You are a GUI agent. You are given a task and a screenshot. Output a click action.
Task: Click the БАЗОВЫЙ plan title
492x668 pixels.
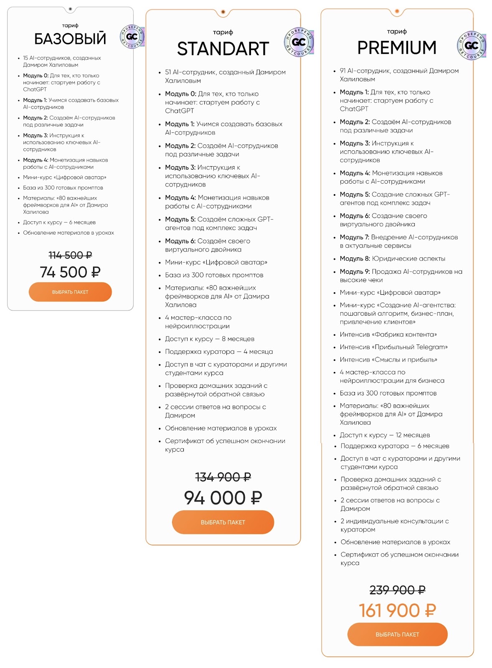click(x=70, y=39)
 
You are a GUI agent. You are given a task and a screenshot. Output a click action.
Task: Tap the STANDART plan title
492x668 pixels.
click(x=223, y=49)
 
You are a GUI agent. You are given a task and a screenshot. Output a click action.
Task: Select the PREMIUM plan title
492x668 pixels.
click(x=397, y=48)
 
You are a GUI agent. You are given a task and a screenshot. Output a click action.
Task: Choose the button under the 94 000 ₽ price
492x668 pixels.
click(x=223, y=522)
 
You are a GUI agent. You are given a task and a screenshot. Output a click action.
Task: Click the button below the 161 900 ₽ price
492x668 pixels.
click(x=397, y=634)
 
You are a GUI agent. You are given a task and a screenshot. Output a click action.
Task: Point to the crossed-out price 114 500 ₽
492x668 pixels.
click(x=70, y=255)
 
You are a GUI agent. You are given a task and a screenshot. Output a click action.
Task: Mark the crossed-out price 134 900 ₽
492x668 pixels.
click(x=223, y=477)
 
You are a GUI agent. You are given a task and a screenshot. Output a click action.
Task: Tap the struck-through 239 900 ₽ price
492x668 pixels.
click(x=397, y=590)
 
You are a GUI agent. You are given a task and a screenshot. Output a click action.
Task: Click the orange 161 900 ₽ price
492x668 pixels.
click(x=397, y=611)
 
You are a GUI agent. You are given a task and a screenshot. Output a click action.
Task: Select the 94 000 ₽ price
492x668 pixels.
click(x=223, y=498)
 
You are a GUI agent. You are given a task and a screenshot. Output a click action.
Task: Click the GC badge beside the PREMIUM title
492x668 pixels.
click(x=472, y=46)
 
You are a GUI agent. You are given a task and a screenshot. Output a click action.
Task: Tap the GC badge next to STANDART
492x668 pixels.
click(x=299, y=42)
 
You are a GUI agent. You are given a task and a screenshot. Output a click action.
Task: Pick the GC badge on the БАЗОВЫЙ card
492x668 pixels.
click(x=132, y=36)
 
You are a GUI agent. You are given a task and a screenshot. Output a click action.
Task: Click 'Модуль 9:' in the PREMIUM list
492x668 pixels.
click(x=355, y=272)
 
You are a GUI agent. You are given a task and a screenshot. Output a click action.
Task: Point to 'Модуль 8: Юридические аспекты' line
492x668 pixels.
click(x=392, y=259)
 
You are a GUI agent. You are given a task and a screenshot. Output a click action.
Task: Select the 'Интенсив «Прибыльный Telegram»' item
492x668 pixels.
click(x=393, y=347)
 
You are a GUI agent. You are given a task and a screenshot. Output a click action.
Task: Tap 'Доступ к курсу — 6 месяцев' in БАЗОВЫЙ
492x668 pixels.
click(x=59, y=223)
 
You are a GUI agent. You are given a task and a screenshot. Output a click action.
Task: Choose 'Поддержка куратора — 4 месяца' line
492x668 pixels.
click(x=219, y=352)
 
